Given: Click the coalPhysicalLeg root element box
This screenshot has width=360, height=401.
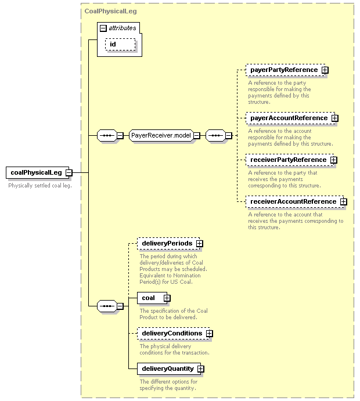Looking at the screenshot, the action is coord(38,172).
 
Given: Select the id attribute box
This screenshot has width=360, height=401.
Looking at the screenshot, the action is coord(120,45).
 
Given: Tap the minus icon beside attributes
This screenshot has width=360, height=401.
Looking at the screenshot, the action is coord(103,28).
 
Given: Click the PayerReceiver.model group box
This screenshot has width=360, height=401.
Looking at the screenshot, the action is coord(161,136).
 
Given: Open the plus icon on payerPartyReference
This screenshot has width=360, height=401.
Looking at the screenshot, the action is coord(325,70).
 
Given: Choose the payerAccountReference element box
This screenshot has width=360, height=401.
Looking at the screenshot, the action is coord(290,118).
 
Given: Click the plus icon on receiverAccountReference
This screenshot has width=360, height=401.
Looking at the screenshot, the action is coord(344,202).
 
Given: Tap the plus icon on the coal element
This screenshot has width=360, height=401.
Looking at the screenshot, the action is coord(167,298).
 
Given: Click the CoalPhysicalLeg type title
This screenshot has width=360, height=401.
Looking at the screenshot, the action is coord(110,11).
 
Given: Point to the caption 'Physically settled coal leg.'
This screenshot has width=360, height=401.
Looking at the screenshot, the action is coord(40,186).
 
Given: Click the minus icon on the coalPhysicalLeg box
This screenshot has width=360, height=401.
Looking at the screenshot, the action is coord(69,172).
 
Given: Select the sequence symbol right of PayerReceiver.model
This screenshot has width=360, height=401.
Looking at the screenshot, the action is coord(215,136).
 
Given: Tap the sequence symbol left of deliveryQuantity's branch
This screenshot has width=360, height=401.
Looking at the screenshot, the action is coord(107,306).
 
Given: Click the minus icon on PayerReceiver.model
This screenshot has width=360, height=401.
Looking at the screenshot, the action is coord(197,136).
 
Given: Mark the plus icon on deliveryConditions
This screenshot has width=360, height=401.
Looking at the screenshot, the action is coord(210,334).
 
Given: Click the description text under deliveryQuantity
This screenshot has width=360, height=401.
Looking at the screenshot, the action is coord(168,385).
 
